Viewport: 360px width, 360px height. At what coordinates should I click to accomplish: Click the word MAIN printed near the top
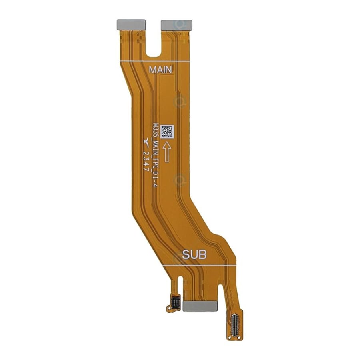[160, 70]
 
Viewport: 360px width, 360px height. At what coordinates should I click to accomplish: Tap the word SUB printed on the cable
[194, 254]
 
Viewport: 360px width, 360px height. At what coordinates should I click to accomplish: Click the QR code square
[167, 132]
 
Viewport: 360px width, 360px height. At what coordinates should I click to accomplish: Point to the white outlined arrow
[167, 152]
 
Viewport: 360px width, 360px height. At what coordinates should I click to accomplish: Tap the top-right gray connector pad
[176, 25]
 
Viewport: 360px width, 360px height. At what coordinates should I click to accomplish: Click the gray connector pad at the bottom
[200, 306]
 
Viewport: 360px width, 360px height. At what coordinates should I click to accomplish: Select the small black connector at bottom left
[176, 301]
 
